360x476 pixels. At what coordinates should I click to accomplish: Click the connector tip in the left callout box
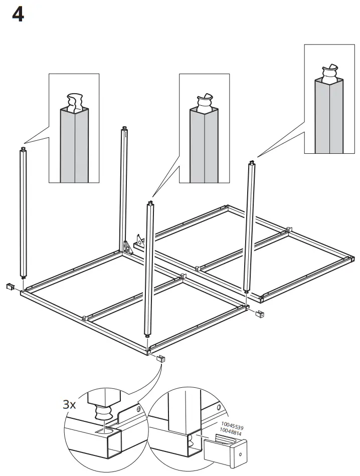74,101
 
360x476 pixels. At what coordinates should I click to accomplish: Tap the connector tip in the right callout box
330,73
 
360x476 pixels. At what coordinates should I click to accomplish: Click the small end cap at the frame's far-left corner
10,287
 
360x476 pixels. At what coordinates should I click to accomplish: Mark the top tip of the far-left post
23,149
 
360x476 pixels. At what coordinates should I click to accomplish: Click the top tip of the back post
123,129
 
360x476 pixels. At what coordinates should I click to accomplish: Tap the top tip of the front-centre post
149,203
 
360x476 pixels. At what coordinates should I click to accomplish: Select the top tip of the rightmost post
250,162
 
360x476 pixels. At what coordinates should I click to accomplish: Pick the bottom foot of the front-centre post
147,337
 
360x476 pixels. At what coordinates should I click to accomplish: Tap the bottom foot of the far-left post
23,276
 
